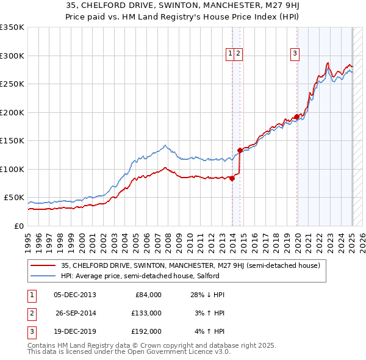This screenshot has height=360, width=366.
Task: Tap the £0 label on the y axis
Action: coord(20,226)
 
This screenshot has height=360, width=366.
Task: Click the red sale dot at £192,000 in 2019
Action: coord(296,117)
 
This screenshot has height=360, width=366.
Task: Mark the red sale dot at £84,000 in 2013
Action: coord(232,178)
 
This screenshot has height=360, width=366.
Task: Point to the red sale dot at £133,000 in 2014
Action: coord(240,150)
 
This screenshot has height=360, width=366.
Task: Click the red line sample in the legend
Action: coord(43,265)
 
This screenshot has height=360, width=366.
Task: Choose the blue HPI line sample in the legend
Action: coord(43,276)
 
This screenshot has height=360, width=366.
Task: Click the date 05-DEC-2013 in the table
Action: coord(74,295)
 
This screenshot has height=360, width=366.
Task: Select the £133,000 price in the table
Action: coord(147,313)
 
